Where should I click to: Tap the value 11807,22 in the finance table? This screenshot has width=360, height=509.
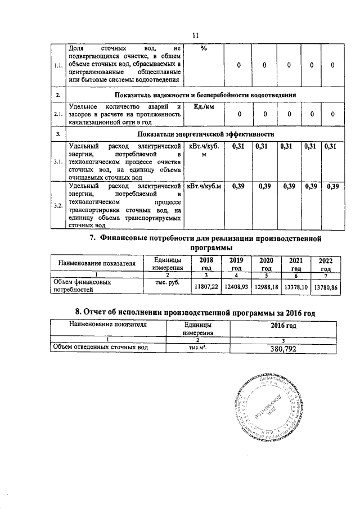click(206, 286)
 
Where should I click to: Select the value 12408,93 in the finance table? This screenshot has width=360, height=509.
click(236, 286)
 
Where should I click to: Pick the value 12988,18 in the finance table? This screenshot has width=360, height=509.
click(266, 286)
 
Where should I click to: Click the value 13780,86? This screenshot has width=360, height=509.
click(327, 286)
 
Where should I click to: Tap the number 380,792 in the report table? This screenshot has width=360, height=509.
click(282, 348)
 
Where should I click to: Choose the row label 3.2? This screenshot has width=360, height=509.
click(58, 206)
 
